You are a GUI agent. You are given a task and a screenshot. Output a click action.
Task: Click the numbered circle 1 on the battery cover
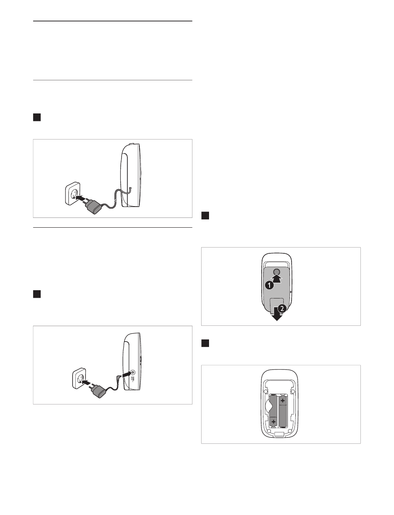click(269, 286)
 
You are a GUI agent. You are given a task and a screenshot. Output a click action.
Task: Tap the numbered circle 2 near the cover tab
click(282, 308)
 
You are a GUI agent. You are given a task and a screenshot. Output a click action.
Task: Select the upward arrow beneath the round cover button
click(277, 279)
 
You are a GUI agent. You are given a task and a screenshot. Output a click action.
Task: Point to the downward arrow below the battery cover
click(277, 314)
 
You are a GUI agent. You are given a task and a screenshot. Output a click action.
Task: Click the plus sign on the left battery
click(273, 421)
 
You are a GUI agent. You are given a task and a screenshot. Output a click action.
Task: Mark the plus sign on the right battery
click(282, 400)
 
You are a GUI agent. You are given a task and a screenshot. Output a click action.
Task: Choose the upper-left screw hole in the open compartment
click(266, 391)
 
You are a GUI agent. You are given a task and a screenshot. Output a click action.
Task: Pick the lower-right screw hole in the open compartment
click(289, 431)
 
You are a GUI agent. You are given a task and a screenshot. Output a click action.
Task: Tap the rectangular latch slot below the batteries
click(279, 434)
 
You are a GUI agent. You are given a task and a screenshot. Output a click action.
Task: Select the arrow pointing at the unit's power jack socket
click(126, 374)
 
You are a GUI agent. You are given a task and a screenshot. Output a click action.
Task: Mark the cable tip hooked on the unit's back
click(131, 188)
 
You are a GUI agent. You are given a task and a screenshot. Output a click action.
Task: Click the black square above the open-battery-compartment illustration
click(205, 343)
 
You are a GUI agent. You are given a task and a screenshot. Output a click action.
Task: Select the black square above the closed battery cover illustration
click(205, 215)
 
